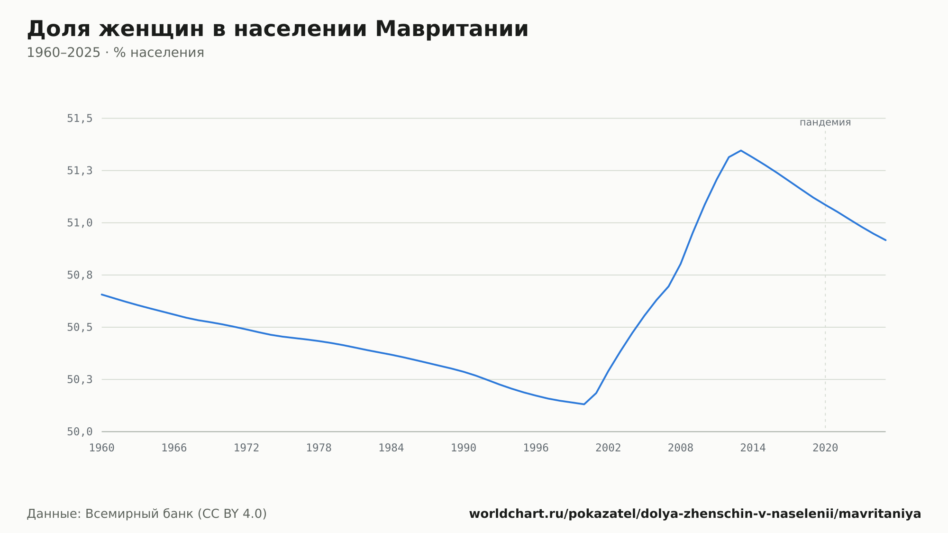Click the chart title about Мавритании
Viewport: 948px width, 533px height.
tap(277, 29)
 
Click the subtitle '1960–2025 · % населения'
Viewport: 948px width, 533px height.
tap(115, 53)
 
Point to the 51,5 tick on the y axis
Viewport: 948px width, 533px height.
tap(80, 119)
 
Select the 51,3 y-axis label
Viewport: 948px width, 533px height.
tap(80, 171)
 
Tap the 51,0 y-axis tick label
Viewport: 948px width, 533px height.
tap(80, 223)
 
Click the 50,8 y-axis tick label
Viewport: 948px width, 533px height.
tap(80, 275)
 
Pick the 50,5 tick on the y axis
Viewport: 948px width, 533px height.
tap(80, 327)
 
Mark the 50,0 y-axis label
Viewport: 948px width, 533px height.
tap(80, 432)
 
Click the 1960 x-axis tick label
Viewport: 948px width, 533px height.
tap(102, 448)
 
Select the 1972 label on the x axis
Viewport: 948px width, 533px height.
tap(246, 448)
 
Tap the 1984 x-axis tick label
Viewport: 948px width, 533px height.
tap(391, 448)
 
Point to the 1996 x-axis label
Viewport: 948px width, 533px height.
tap(536, 448)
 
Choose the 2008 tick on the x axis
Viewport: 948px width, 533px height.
tap(681, 448)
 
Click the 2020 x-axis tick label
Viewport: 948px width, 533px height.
tap(825, 448)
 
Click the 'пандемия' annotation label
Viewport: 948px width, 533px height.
tap(825, 122)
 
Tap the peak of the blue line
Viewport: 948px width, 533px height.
tap(741, 150)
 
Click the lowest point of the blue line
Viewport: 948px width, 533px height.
tap(584, 404)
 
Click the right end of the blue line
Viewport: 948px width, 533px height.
tap(885, 240)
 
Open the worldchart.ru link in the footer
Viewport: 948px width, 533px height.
tap(695, 514)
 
